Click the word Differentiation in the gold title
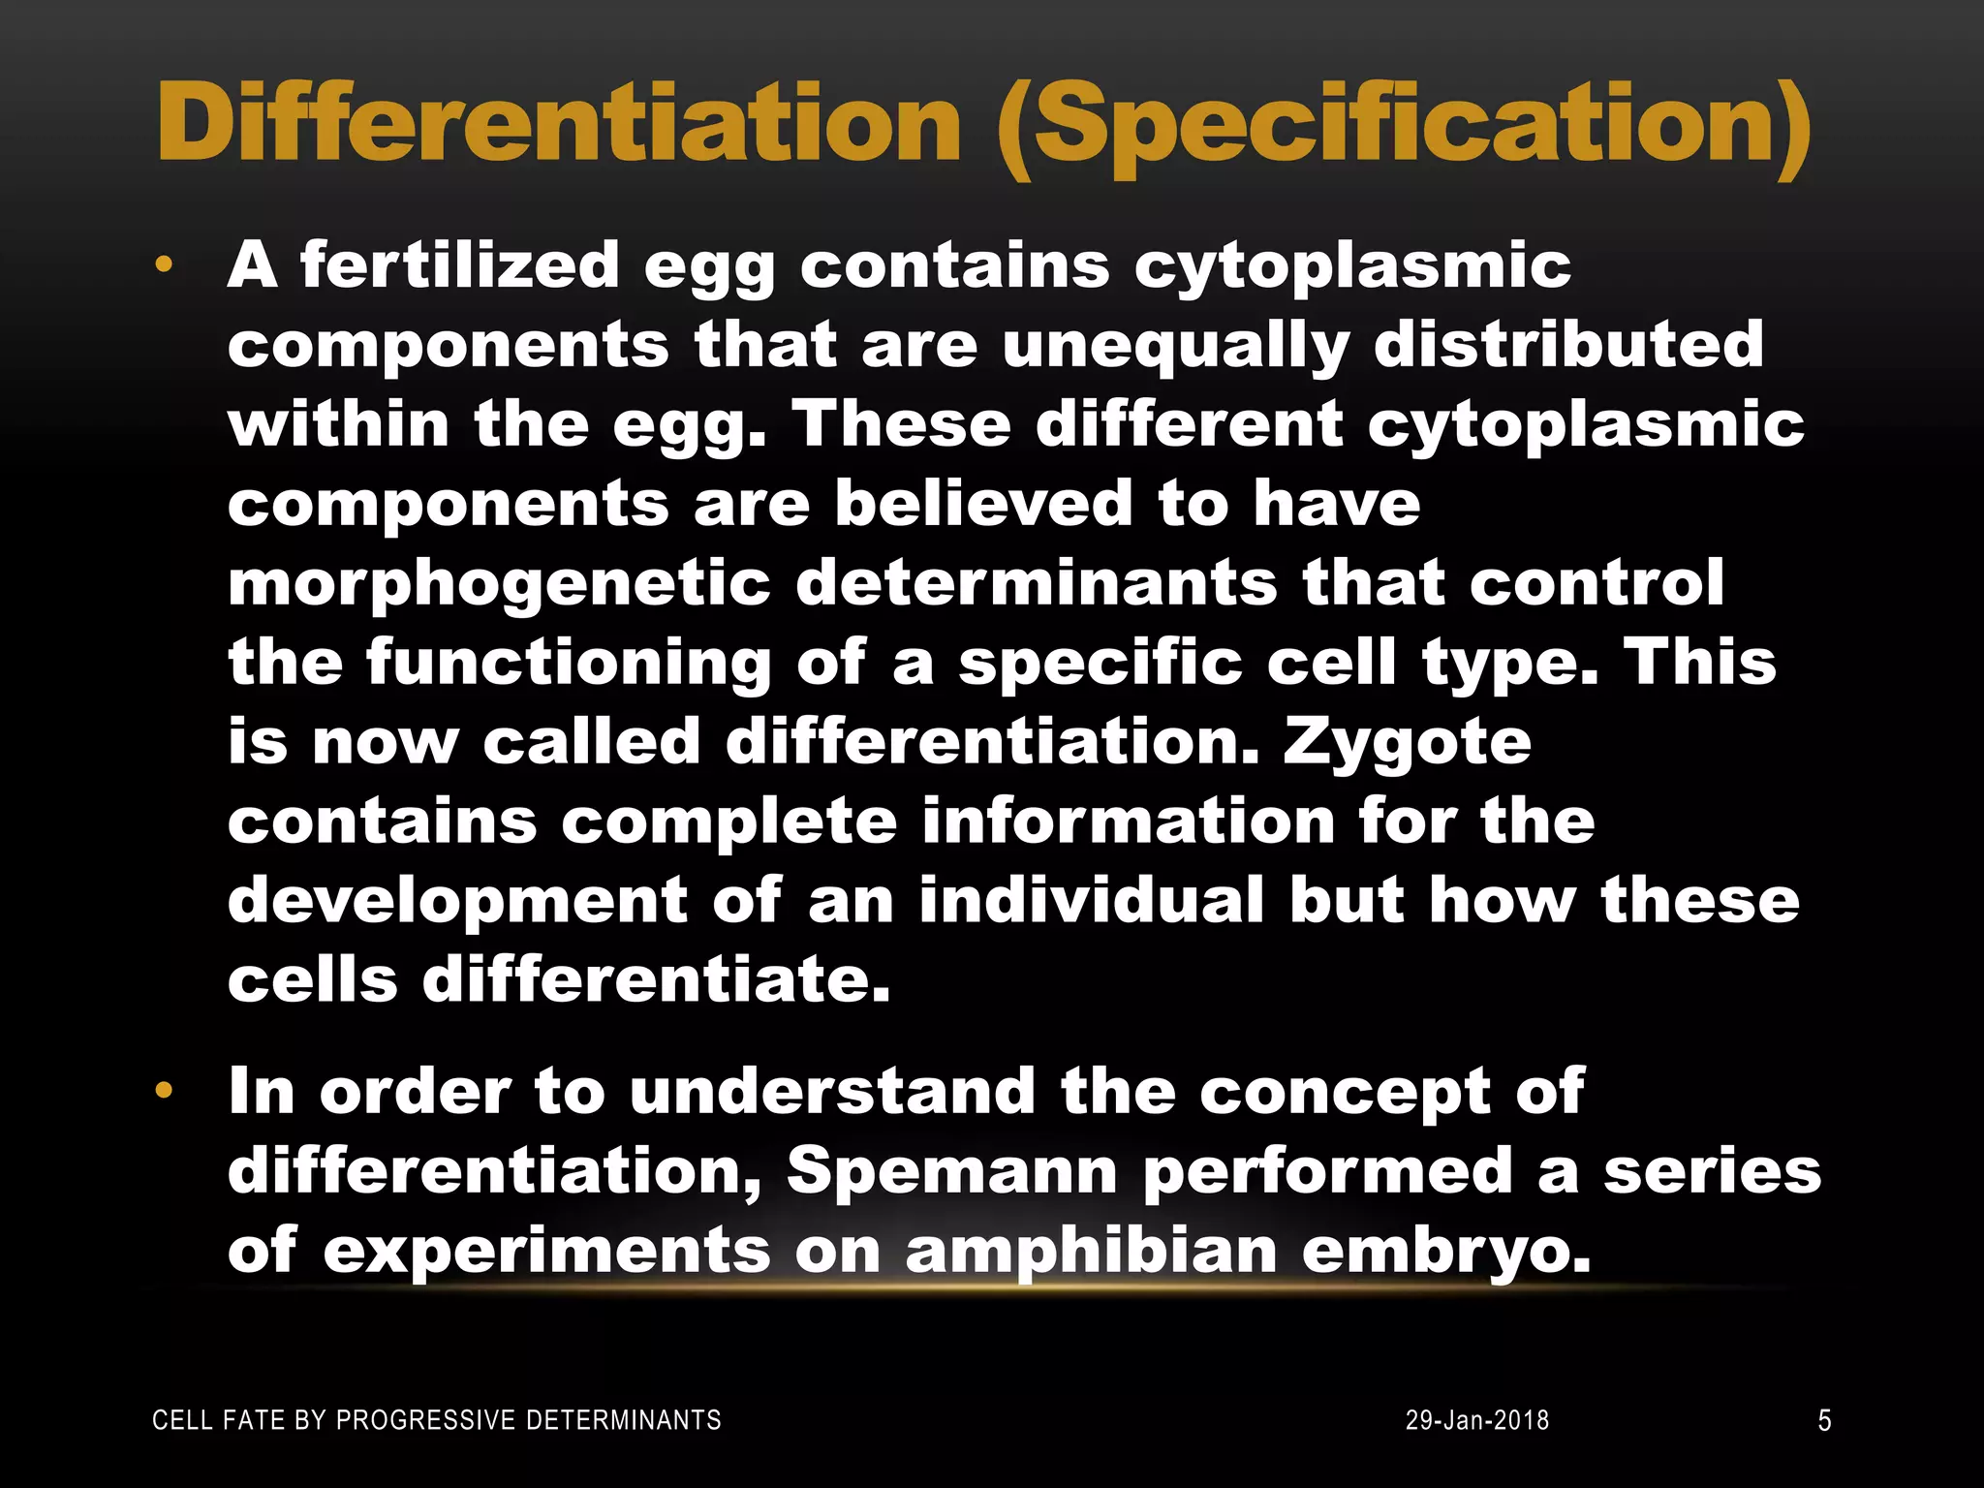click(559, 124)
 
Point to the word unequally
click(1175, 346)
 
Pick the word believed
click(983, 504)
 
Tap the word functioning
click(569, 663)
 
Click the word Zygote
click(1407, 744)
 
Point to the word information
click(1127, 821)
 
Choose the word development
click(457, 901)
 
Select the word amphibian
click(1091, 1251)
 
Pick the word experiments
click(546, 1251)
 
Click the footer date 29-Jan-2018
click(1477, 1420)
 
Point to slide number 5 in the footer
click(1824, 1420)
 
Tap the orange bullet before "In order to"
click(164, 1092)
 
